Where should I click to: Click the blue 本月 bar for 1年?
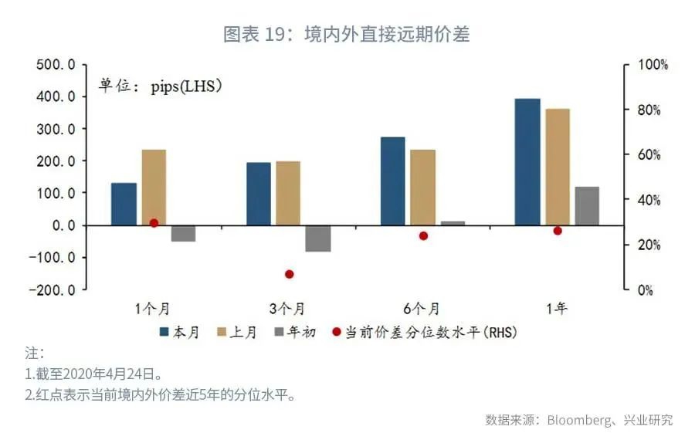(528, 162)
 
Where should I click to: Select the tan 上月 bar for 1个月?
(154, 188)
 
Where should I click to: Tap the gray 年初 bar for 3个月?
(318, 238)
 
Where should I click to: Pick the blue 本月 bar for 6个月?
(393, 181)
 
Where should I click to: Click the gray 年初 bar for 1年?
(587, 206)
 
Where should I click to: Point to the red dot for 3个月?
(290, 274)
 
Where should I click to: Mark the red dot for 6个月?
(423, 235)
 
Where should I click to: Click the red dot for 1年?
(558, 231)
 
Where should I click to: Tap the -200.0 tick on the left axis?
(53, 290)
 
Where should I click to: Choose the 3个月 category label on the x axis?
(289, 310)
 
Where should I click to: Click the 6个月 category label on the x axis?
(422, 310)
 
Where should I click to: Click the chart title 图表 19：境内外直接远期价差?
(347, 35)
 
